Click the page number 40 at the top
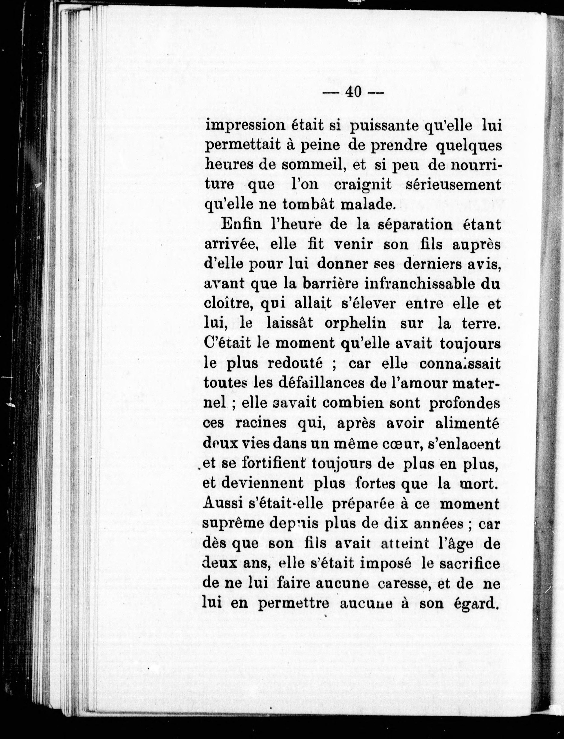[352, 91]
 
